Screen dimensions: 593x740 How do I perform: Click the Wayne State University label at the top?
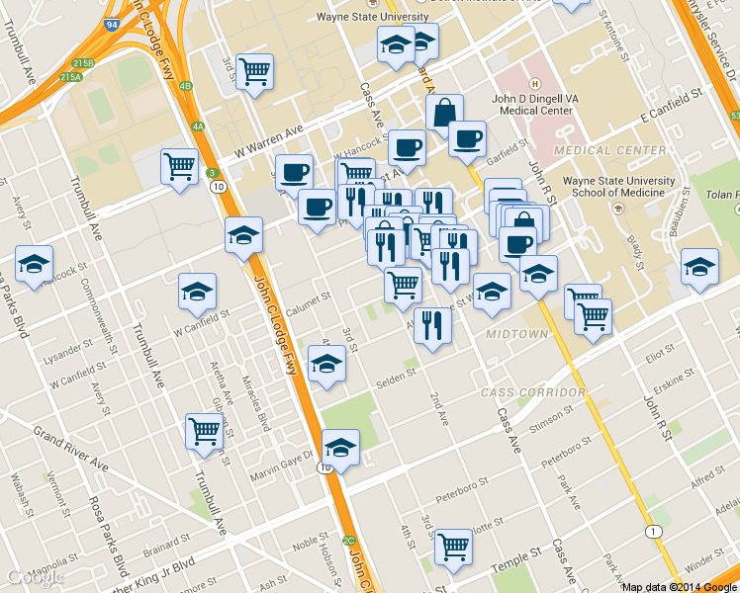click(372, 17)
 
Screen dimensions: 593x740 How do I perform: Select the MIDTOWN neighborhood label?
click(516, 335)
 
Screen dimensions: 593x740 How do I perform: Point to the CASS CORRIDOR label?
click(533, 392)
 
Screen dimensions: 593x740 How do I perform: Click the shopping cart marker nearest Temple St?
click(454, 544)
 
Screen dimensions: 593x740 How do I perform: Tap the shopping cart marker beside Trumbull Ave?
click(204, 431)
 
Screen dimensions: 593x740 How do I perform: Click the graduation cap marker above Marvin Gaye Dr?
click(340, 448)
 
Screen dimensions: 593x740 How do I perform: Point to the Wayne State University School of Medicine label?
click(618, 187)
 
